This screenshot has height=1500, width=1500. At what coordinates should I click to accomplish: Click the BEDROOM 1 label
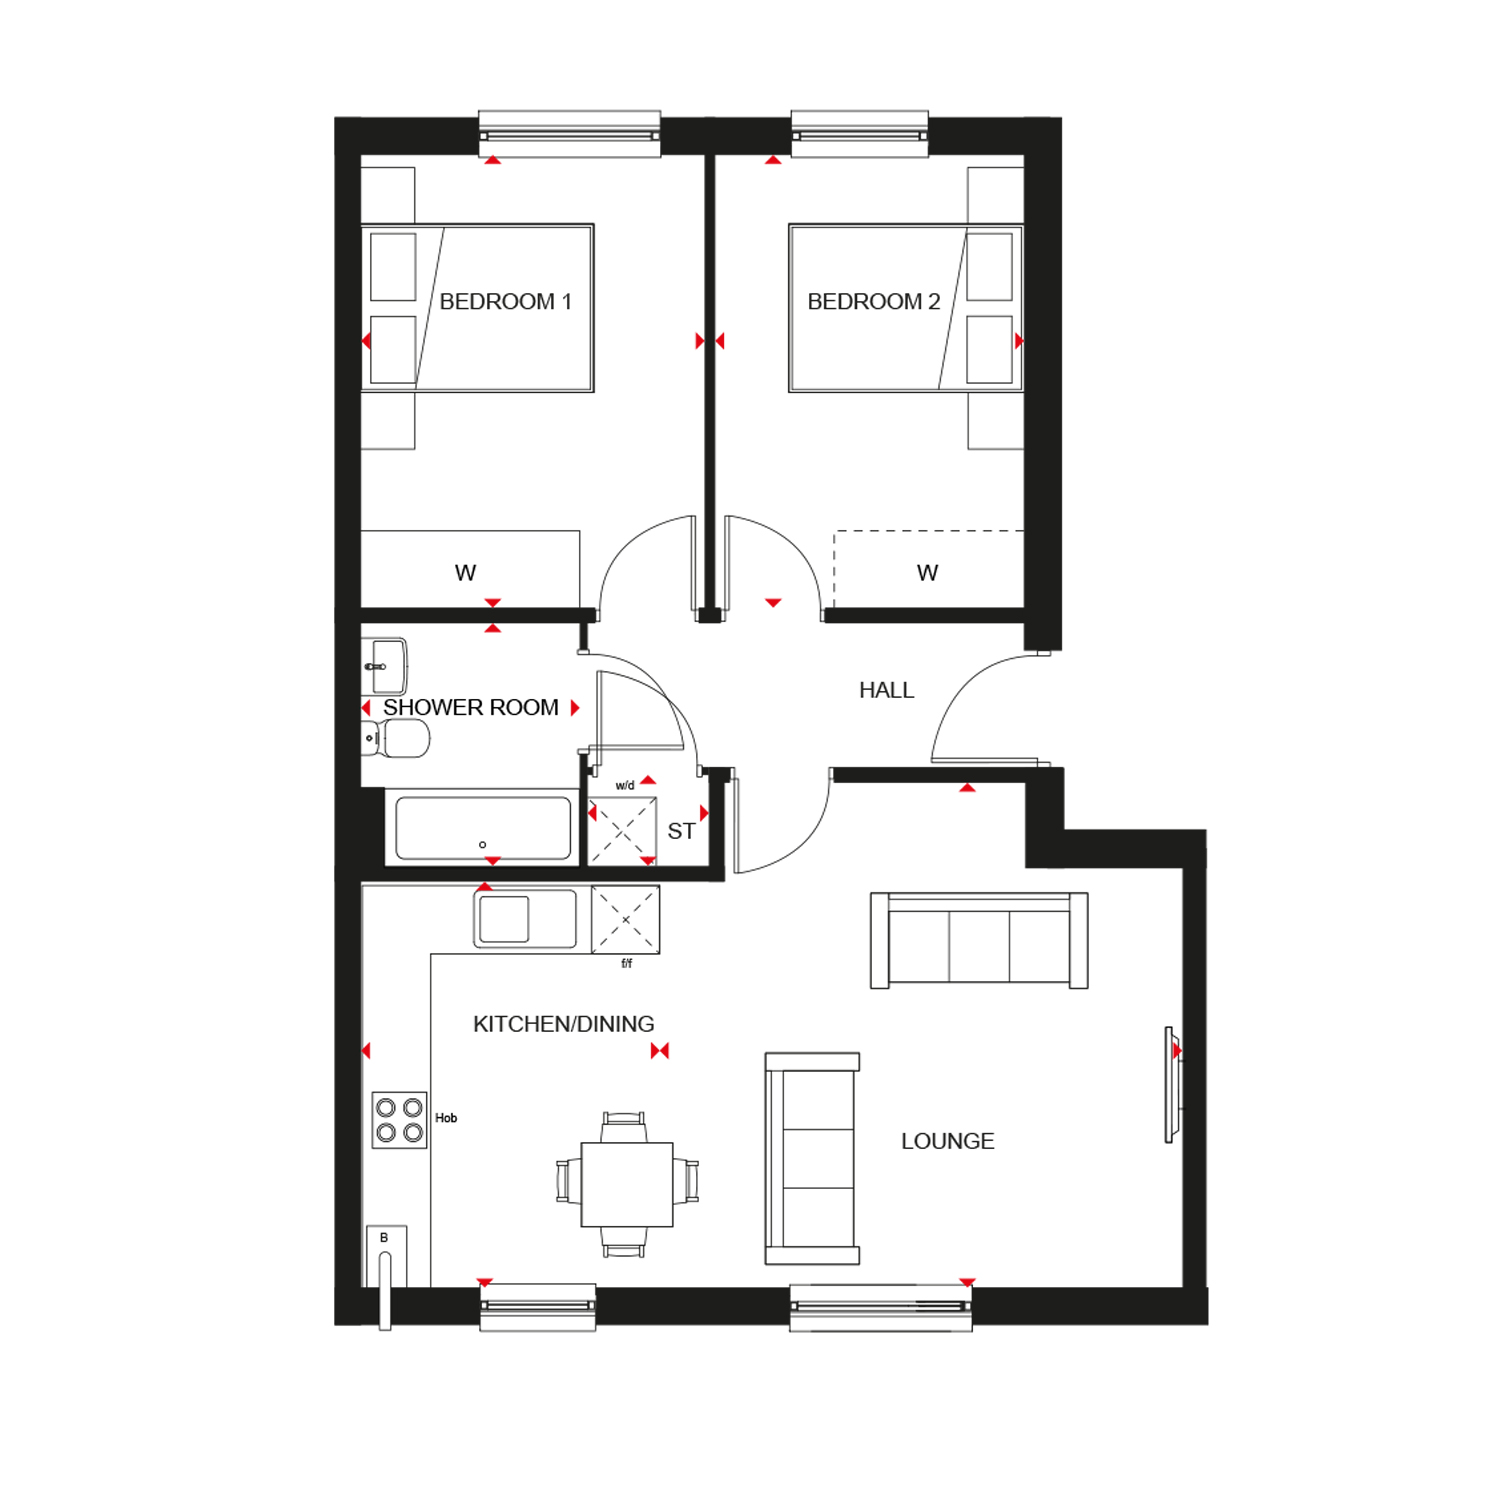505,301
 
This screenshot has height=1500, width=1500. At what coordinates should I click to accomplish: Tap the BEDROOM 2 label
874,301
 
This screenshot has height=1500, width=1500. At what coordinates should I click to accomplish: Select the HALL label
887,690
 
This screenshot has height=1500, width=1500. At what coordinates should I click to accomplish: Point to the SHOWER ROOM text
471,707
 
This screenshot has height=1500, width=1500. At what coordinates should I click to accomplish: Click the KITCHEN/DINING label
564,1024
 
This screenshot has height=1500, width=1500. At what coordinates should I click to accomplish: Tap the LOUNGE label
948,1141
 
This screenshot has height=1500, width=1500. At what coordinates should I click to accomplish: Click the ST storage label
681,831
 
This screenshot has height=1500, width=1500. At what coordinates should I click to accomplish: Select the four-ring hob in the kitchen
399,1119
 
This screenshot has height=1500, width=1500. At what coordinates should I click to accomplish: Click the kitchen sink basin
504,919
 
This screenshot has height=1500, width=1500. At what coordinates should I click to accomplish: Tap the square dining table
627,1184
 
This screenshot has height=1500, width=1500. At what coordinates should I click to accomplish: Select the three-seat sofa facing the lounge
979,940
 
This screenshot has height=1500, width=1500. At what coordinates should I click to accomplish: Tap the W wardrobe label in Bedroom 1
465,573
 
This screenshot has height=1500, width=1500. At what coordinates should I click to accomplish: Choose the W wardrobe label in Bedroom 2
927,573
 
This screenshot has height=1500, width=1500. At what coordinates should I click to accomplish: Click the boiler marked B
386,1256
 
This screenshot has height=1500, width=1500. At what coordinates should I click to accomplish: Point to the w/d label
625,785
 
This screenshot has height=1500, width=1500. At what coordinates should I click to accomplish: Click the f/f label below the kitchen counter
627,963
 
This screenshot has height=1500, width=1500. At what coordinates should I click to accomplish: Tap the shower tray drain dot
483,845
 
